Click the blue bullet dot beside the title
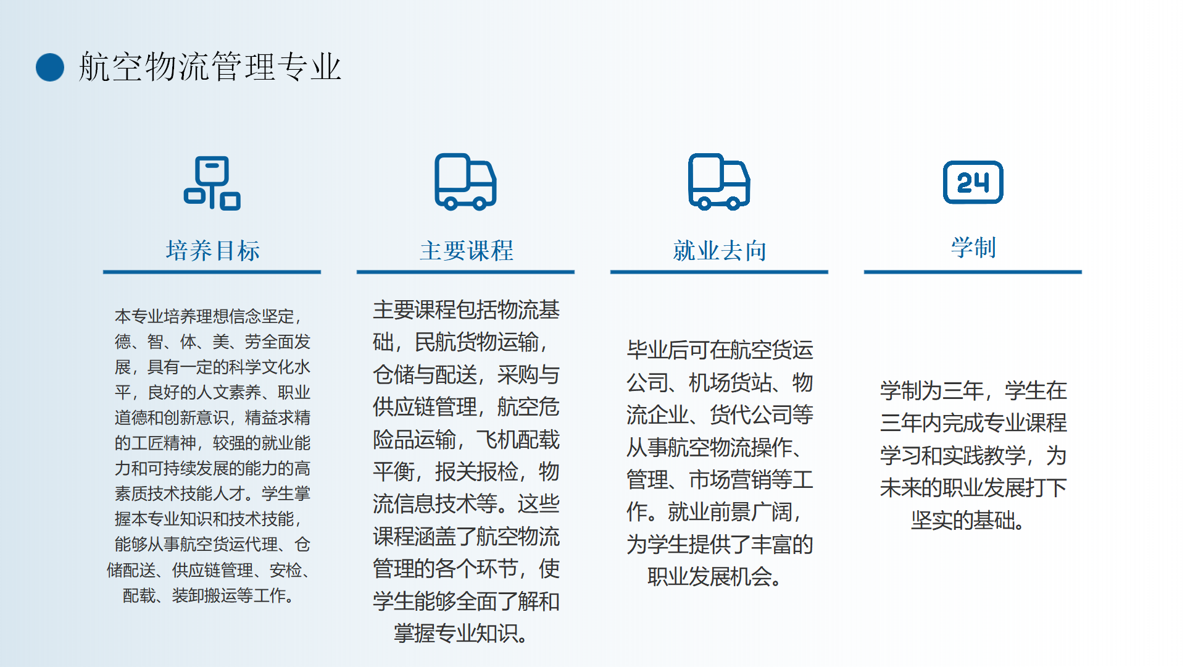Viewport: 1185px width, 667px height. coord(50,67)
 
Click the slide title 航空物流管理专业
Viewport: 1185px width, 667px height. coord(210,67)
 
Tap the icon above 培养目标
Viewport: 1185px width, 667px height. coord(212,183)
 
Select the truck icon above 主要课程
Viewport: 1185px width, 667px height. coord(465,182)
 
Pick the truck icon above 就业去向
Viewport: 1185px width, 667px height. coord(719,182)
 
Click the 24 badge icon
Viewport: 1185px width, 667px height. coord(973,182)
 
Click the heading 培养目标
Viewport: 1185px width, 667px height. coord(212,251)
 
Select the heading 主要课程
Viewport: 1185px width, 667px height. coord(466,251)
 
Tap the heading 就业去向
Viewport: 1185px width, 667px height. coord(720,251)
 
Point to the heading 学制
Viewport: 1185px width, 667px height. coord(973,248)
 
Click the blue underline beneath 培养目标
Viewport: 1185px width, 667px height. coord(212,272)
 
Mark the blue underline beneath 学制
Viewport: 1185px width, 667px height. coord(973,272)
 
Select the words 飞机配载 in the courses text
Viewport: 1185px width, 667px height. coord(518,440)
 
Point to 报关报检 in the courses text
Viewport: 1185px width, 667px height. coord(476,472)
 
